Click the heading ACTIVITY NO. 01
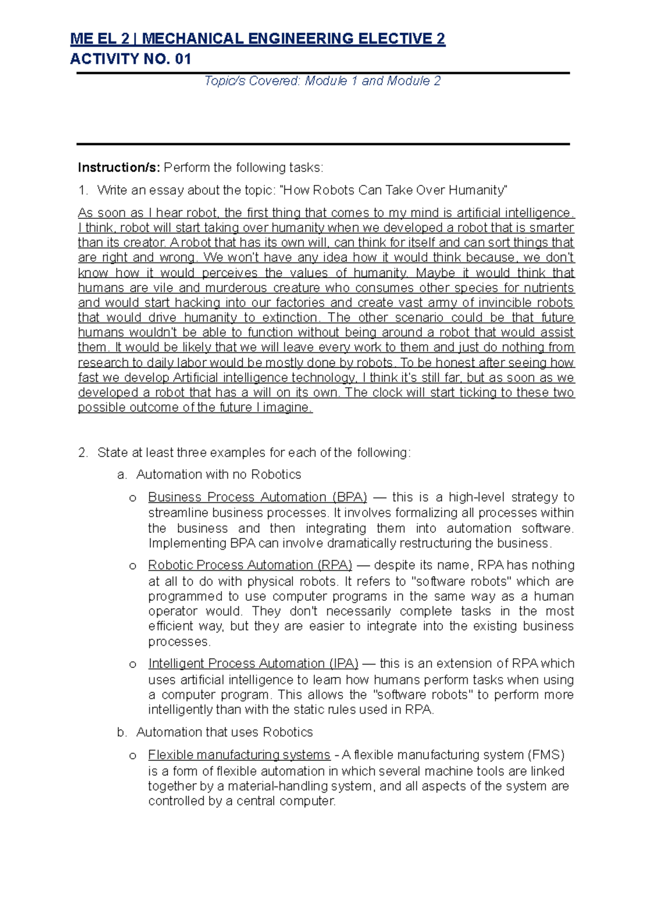click(131, 59)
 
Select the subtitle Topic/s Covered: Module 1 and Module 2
click(322, 81)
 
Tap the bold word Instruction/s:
click(119, 168)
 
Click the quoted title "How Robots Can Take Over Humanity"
click(394, 190)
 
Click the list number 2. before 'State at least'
click(83, 453)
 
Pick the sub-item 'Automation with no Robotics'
click(218, 475)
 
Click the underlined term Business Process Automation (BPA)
click(257, 497)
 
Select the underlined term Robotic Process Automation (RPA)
click(250, 566)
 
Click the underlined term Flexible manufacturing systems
click(239, 755)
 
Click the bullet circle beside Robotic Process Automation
click(133, 567)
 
